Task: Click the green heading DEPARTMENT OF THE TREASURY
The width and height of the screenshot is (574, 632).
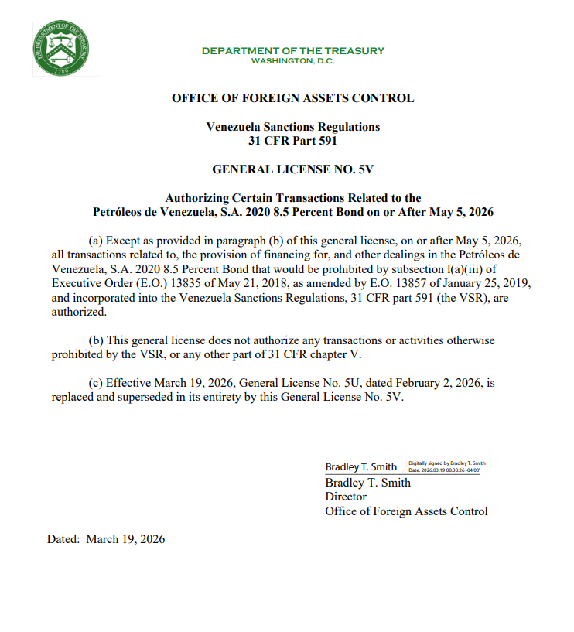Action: [292, 51]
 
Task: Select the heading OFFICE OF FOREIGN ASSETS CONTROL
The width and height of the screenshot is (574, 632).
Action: [292, 98]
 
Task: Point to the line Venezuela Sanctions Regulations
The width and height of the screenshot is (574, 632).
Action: [292, 126]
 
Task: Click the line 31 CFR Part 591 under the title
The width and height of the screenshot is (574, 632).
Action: [292, 141]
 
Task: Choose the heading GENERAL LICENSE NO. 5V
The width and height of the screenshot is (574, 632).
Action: [292, 169]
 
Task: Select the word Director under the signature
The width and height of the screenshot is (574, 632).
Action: [346, 497]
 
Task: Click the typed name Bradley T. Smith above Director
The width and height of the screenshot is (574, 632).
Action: [367, 483]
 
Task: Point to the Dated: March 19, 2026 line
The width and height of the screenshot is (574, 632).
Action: [106, 539]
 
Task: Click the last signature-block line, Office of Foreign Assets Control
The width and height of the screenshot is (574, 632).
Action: [406, 511]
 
